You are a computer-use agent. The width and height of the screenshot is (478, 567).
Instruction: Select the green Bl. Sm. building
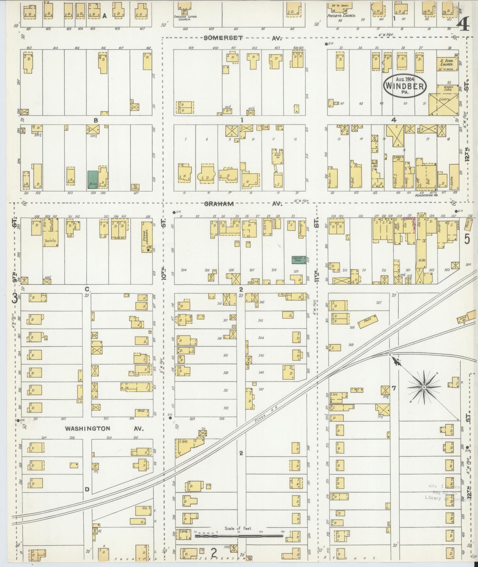92,180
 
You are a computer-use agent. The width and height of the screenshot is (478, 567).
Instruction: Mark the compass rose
424,387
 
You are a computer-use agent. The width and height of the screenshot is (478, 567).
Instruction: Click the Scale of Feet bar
239,535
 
